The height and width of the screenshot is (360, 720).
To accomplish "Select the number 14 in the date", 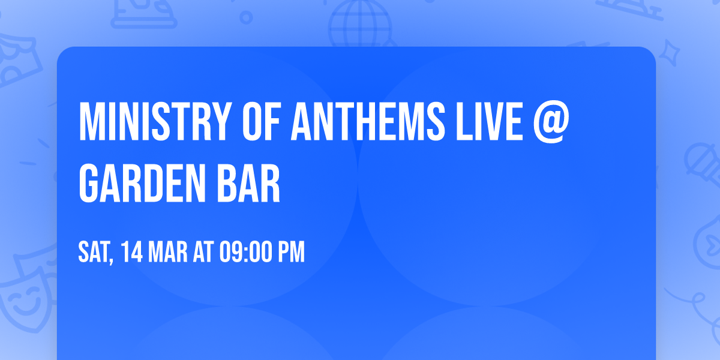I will (131, 252).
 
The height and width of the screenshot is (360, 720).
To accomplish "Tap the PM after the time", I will (290, 252).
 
